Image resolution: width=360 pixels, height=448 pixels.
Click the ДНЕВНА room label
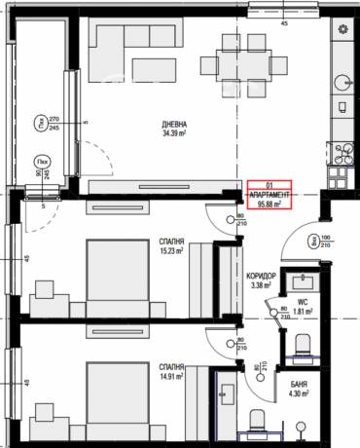(x=174, y=126)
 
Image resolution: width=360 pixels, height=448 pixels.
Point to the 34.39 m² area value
(x=174, y=136)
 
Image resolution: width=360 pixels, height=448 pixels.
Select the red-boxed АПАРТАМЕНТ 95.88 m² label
(x=270, y=198)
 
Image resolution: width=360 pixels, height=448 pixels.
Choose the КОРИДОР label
(x=263, y=276)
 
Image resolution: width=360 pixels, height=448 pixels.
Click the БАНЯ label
(x=300, y=386)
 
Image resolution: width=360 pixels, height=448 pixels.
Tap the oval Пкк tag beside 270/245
(x=42, y=122)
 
